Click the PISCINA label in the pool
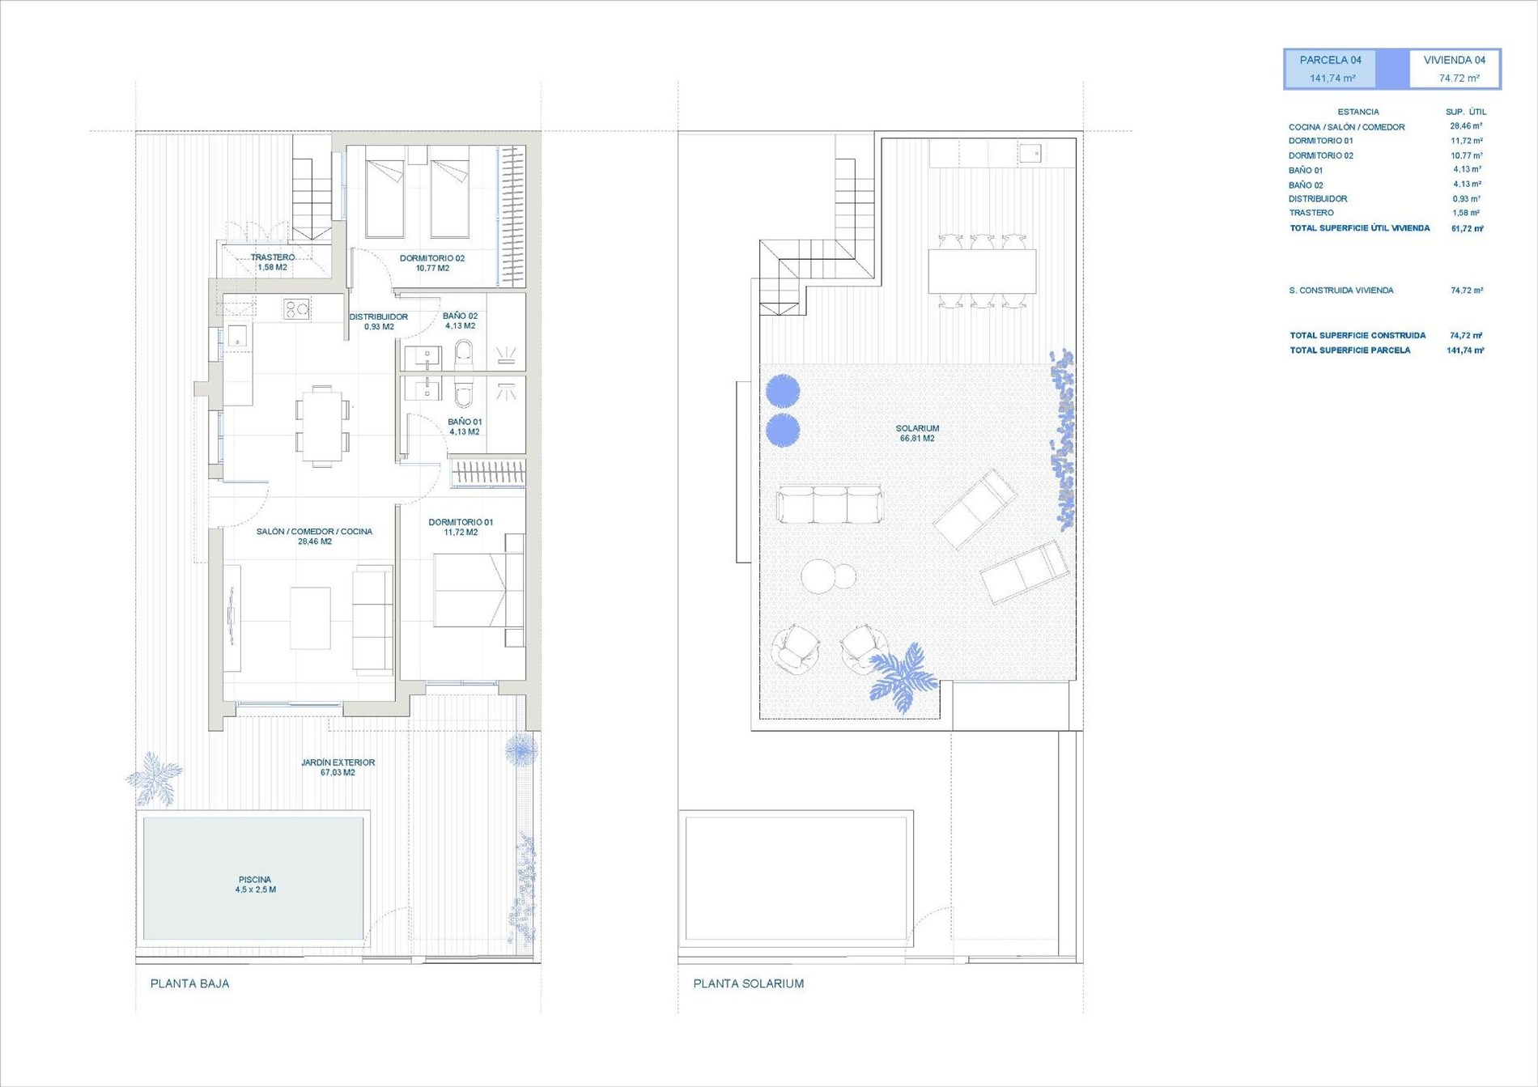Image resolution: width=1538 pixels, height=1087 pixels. pos(255,880)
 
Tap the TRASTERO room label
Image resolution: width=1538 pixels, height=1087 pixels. pos(272,257)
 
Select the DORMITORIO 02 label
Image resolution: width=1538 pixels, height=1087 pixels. pos(432,258)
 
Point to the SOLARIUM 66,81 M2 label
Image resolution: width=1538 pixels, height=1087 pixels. pos(917,433)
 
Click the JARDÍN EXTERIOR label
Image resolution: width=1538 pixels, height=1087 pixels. pos(338,762)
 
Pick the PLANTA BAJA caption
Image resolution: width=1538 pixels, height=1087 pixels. pos(190,983)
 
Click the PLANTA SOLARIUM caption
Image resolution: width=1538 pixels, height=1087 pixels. pos(749,983)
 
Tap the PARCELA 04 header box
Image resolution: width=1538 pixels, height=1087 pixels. pos(1331,69)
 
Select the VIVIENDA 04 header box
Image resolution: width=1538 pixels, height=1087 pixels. pos(1455,69)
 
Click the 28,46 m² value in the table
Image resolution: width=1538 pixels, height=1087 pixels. pos(1466,126)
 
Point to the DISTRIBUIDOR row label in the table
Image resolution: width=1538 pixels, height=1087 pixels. pos(1318,199)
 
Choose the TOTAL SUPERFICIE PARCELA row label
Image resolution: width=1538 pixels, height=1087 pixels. pos(1350,350)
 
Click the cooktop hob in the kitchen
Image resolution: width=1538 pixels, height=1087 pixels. pos(297,308)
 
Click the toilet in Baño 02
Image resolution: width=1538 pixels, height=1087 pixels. pos(464,353)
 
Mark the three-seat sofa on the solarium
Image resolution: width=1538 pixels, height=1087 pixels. pos(830,504)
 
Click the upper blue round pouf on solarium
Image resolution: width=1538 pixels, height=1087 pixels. pos(783,391)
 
